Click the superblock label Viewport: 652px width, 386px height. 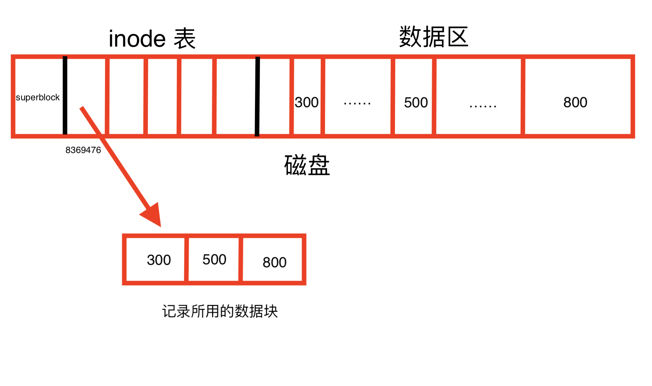[x=38, y=97]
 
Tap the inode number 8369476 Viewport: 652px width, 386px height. [x=83, y=150]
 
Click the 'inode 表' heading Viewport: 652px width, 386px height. [x=152, y=39]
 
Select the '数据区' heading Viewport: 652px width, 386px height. [x=433, y=37]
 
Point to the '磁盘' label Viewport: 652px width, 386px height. [x=307, y=165]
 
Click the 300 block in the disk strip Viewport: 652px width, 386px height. [x=307, y=102]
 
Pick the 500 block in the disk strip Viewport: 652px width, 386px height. [x=416, y=103]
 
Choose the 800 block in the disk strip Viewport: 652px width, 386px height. [x=575, y=102]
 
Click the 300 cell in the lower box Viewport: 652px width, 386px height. [x=159, y=260]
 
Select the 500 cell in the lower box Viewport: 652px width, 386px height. [x=214, y=259]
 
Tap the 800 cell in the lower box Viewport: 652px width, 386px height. [x=274, y=262]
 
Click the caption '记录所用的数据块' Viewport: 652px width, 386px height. [x=220, y=311]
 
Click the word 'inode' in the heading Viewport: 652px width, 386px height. [x=137, y=39]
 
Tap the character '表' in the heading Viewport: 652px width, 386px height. [x=185, y=39]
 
